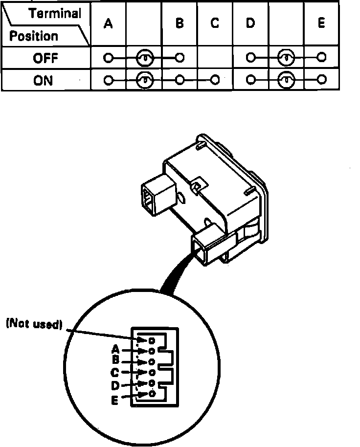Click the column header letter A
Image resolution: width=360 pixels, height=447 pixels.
(108, 24)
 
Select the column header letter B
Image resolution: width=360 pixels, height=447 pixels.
(180, 24)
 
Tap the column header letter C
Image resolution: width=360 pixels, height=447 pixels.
(215, 24)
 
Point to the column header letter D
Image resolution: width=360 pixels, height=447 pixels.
(250, 24)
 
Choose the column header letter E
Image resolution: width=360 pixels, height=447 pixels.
(321, 24)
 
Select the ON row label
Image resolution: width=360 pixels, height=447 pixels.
(43, 80)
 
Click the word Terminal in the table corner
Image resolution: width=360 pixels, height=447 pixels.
(55, 14)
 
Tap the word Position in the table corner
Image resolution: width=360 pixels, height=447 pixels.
(33, 36)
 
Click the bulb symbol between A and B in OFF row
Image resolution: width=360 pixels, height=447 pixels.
(144, 58)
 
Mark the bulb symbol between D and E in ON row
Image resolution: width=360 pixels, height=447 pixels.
(286, 79)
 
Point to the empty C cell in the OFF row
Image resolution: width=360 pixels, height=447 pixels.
(215, 58)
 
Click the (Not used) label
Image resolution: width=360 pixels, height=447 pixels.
(34, 324)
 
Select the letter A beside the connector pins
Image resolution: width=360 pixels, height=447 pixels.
(116, 350)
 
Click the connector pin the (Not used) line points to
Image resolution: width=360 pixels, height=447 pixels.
(152, 340)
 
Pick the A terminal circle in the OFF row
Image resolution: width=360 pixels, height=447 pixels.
(108, 58)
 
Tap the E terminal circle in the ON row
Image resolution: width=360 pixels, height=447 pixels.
(321, 79)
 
